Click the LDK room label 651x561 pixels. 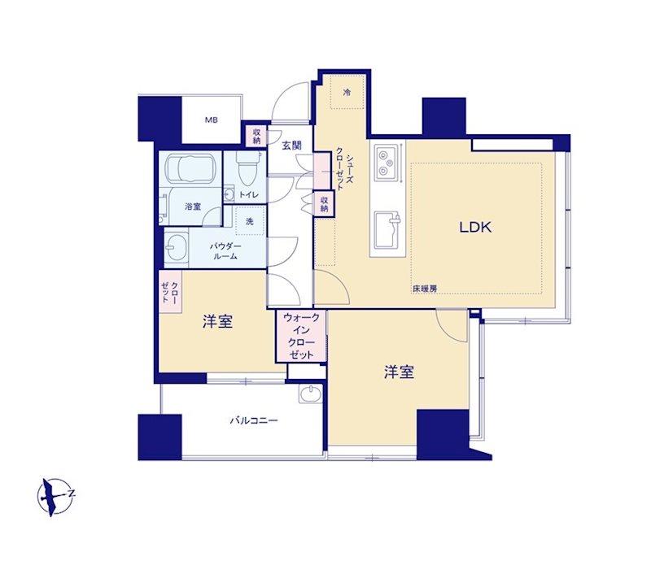[475, 227]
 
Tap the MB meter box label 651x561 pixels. [212, 120]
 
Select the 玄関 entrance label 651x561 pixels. [291, 146]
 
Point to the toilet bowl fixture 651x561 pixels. [248, 167]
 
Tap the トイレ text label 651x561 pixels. [249, 194]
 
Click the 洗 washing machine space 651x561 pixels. [250, 221]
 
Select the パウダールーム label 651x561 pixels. [225, 251]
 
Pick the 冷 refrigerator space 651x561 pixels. [347, 92]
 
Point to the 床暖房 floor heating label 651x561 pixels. [425, 289]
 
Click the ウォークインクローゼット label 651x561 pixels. [302, 337]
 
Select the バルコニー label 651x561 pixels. [254, 421]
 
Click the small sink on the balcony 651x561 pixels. [311, 394]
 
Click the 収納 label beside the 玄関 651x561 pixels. [257, 136]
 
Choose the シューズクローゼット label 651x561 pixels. [344, 170]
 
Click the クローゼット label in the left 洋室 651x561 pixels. [170, 292]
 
